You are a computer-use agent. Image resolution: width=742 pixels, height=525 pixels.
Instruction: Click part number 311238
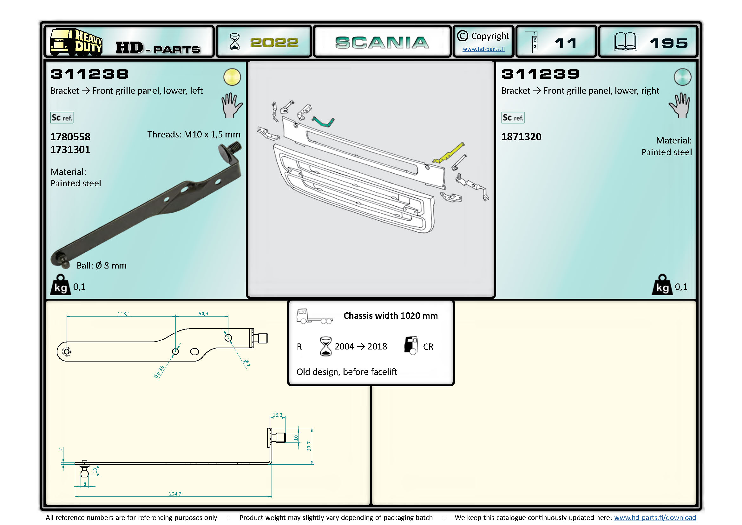[x=89, y=74]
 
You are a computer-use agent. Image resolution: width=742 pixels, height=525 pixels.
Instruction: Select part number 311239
[x=540, y=74]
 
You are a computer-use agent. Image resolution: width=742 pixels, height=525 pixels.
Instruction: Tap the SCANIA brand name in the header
[x=382, y=43]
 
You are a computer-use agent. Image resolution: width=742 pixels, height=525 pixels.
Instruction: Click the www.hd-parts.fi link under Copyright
[x=483, y=49]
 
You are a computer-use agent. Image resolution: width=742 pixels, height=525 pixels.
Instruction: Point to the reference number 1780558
[x=70, y=137]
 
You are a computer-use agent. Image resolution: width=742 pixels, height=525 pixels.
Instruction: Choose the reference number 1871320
[x=521, y=137]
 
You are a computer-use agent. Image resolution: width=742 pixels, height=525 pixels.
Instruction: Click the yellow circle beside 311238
[x=232, y=77]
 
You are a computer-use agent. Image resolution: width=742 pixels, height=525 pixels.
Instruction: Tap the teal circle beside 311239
[x=683, y=77]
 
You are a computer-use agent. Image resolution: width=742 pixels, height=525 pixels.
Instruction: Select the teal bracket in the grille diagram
[x=323, y=122]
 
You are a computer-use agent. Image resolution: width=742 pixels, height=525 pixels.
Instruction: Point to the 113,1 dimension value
[x=124, y=313]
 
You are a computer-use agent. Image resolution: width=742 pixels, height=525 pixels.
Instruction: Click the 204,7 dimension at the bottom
[x=175, y=494]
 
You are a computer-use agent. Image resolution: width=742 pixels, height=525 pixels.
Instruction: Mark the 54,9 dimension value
[x=203, y=313]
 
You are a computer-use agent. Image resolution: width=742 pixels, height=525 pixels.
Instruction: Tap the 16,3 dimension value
[x=277, y=415]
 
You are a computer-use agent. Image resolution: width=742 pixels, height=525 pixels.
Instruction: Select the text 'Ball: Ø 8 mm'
[x=102, y=265]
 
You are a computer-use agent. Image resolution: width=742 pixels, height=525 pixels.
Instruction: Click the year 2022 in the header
[x=274, y=43]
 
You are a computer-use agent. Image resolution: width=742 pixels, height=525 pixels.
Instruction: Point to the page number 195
[x=669, y=43]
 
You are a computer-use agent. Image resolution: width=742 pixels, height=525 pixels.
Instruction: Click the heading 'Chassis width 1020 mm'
[x=391, y=316]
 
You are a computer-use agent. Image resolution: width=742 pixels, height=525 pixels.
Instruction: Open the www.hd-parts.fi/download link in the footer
[x=655, y=518]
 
